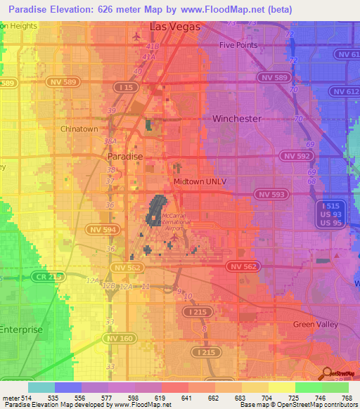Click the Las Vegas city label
click(x=174, y=27)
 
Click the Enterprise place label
click(x=21, y=329)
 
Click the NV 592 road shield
click(x=296, y=155)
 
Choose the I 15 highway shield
click(x=127, y=87)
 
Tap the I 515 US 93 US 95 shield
click(x=329, y=212)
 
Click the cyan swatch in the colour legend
click(x=41, y=387)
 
